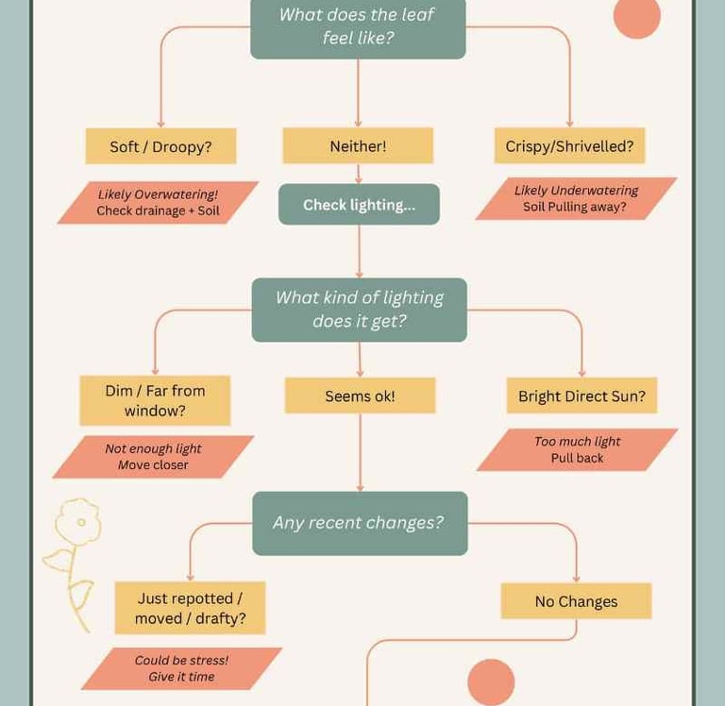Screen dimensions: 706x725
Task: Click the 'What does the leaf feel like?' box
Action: (358, 27)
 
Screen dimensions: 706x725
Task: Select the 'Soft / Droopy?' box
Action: (160, 146)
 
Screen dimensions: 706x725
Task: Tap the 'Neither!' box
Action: (358, 146)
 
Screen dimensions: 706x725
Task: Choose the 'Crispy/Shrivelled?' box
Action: (569, 146)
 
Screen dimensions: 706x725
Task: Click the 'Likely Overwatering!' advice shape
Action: (158, 203)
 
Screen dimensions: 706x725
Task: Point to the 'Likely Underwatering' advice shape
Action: (576, 199)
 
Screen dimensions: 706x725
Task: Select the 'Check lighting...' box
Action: (359, 205)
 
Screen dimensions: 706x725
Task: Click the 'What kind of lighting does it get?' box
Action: (359, 310)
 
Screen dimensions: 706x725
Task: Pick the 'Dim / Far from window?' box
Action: (155, 400)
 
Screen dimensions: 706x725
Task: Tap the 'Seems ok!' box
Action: (360, 396)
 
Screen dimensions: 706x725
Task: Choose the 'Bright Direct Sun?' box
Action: (582, 396)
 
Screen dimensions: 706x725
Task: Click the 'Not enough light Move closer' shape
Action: (153, 457)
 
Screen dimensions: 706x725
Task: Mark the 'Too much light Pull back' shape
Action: (577, 450)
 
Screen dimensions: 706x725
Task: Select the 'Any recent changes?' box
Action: (359, 523)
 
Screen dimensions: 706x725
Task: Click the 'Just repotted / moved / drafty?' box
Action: (190, 608)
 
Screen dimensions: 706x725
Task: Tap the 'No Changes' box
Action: (576, 601)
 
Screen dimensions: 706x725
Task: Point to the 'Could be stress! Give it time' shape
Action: (181, 668)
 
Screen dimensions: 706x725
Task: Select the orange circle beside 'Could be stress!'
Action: (491, 681)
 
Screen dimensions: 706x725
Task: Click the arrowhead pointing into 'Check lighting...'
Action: (359, 179)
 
